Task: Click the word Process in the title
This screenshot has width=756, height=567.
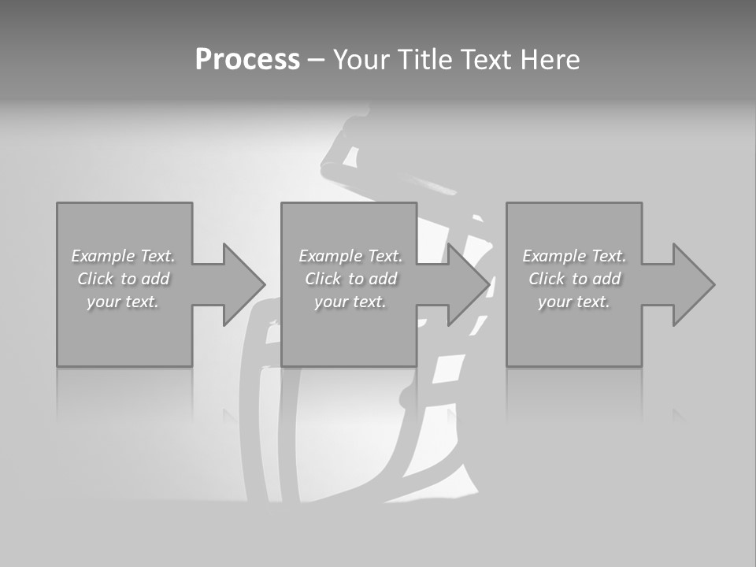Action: (247, 60)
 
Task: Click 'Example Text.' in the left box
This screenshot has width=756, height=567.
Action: (123, 256)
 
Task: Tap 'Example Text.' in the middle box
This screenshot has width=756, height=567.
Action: (350, 256)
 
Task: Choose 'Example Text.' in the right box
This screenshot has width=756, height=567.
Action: (574, 256)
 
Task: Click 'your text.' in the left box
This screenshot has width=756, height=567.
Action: (123, 302)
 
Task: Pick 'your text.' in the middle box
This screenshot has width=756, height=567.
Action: (350, 302)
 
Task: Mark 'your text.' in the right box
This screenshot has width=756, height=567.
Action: (574, 302)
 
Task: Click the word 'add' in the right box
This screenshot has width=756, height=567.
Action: (607, 279)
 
